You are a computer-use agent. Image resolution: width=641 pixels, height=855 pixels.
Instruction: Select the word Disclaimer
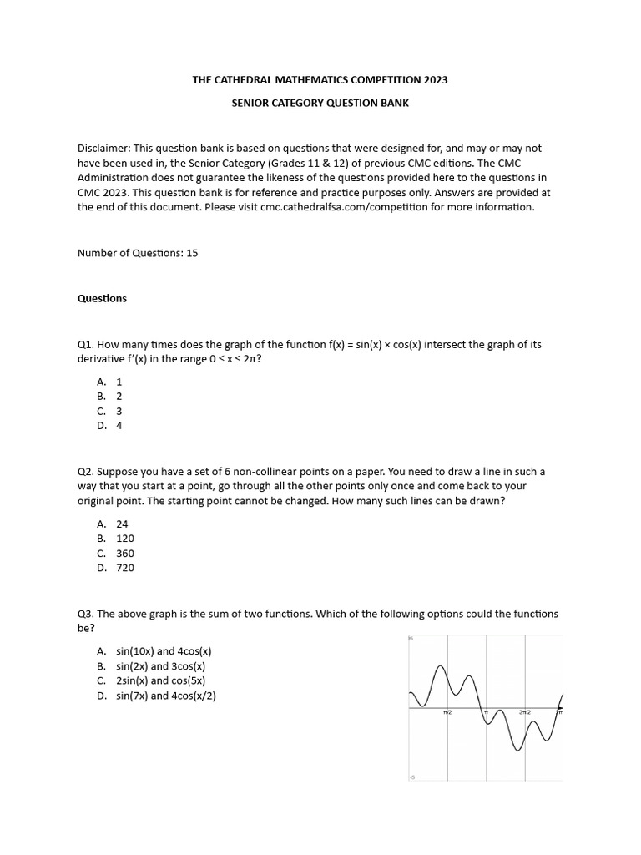click(104, 148)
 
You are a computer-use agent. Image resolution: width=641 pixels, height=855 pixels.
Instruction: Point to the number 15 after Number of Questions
click(193, 252)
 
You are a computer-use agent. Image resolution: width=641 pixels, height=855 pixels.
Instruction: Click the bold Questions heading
click(102, 298)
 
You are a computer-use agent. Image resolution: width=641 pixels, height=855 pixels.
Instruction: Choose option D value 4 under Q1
click(119, 425)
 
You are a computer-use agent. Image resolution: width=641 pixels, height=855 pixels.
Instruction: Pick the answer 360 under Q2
click(125, 553)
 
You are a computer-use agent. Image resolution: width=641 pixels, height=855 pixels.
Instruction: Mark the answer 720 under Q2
click(125, 568)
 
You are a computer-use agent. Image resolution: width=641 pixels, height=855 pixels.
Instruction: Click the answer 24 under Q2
click(122, 524)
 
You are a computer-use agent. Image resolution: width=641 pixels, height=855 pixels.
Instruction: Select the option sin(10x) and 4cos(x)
click(164, 650)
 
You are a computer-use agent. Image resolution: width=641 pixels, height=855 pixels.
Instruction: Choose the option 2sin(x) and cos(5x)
click(161, 680)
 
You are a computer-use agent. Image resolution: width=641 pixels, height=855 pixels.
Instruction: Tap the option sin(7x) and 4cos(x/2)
click(166, 696)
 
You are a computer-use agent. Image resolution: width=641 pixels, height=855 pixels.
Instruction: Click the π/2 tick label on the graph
click(447, 712)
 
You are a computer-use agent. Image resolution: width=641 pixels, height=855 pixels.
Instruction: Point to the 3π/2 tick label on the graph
click(524, 712)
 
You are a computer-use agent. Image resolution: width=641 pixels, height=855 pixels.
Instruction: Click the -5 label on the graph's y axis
click(411, 777)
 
